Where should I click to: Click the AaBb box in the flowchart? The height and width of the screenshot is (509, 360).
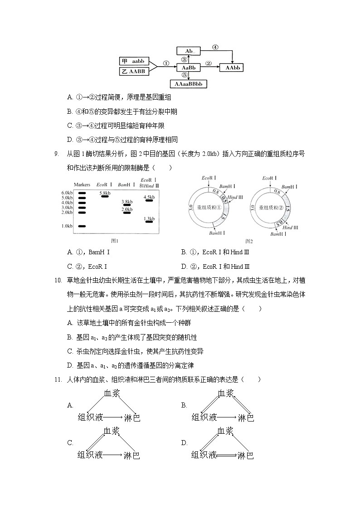click(188, 68)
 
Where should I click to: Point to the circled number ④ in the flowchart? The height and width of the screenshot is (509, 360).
click(215, 47)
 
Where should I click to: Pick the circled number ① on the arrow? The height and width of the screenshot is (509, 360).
click(166, 63)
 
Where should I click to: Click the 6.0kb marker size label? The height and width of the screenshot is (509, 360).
click(67, 193)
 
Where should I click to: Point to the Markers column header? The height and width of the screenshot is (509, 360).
click(82, 184)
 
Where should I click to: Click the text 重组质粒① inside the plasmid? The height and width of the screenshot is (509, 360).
click(209, 208)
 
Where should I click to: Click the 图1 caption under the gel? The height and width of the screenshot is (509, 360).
click(115, 241)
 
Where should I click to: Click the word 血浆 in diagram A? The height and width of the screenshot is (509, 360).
click(112, 393)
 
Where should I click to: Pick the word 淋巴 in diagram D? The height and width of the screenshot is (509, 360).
click(245, 455)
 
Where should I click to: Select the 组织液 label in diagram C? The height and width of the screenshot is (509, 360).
click(90, 455)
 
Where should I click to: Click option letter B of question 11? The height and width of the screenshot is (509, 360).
click(184, 405)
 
